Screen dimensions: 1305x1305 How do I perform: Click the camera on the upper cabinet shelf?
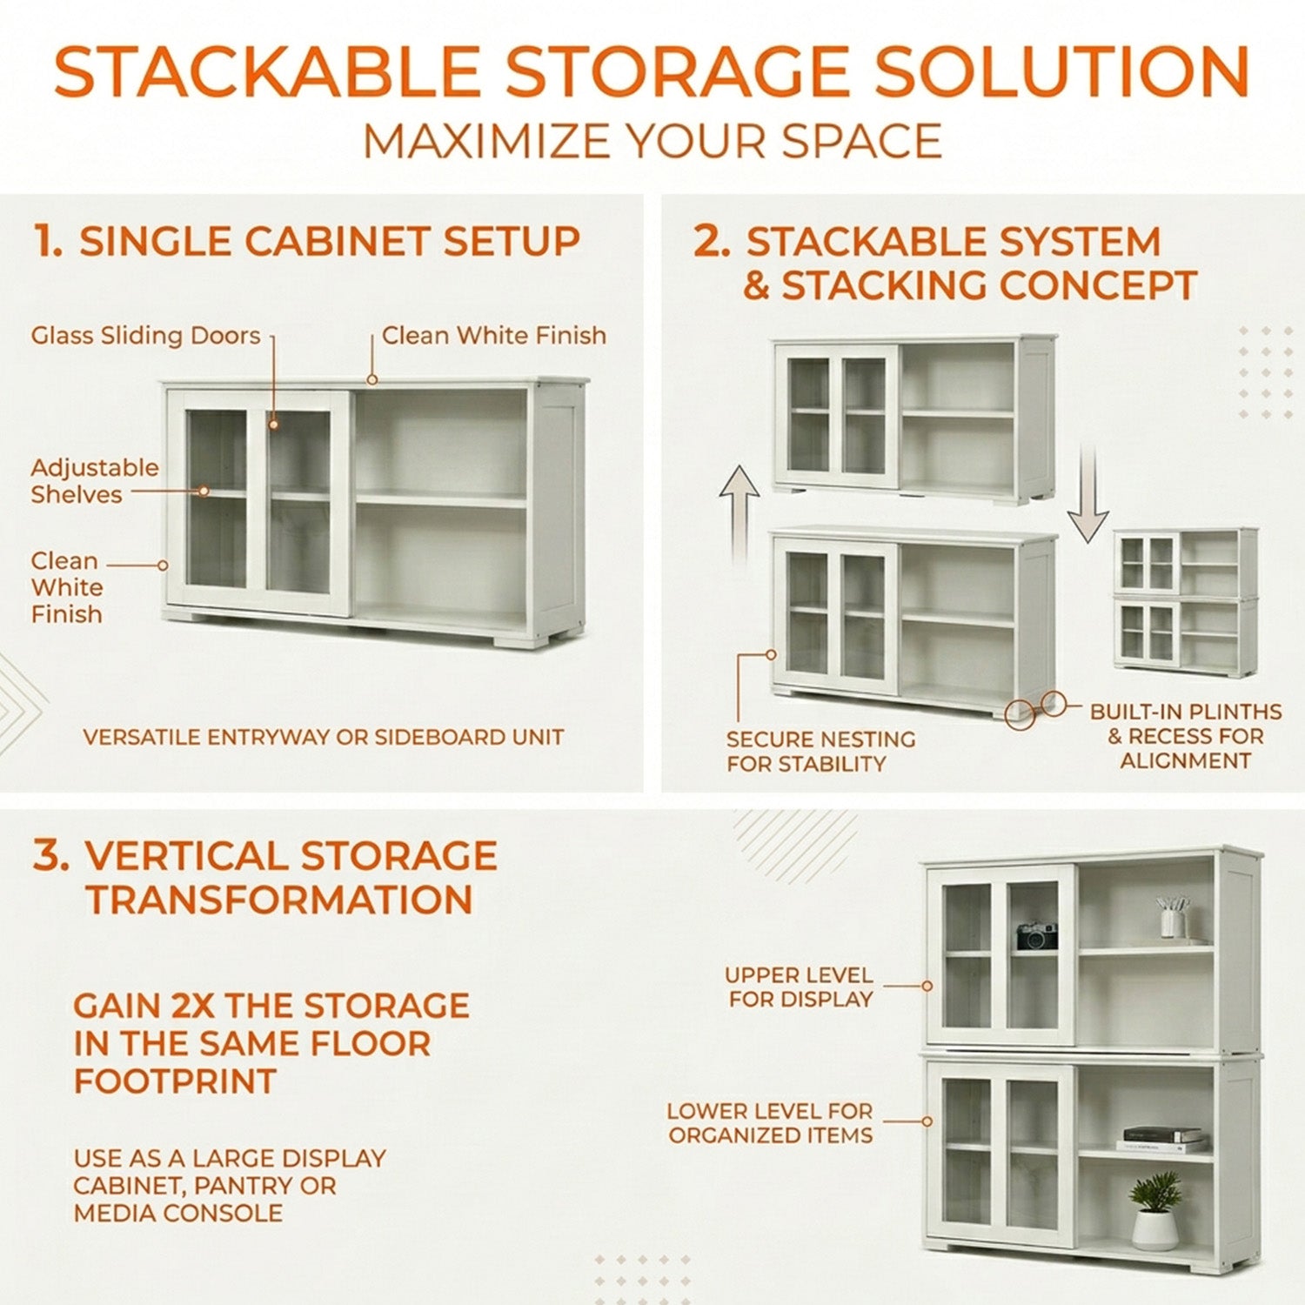1036,935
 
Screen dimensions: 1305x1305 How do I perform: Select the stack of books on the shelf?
1161,1139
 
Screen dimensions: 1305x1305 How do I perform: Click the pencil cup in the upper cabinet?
1173,917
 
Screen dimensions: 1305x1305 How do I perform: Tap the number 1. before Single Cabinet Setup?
48,241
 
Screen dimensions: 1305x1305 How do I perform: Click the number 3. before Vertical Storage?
50,856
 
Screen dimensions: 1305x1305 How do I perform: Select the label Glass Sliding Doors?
145,336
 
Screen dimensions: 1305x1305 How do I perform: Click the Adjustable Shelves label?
95,481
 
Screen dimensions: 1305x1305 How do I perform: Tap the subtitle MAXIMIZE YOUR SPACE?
652,142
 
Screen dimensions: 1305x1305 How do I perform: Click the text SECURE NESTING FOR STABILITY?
820,752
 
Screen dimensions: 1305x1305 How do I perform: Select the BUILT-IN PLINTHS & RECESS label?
1186,736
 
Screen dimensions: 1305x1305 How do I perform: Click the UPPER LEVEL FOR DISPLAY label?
800,987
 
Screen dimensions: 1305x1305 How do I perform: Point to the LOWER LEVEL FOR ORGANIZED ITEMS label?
770,1123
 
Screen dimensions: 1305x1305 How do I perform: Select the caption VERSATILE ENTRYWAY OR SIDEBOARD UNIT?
323,738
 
